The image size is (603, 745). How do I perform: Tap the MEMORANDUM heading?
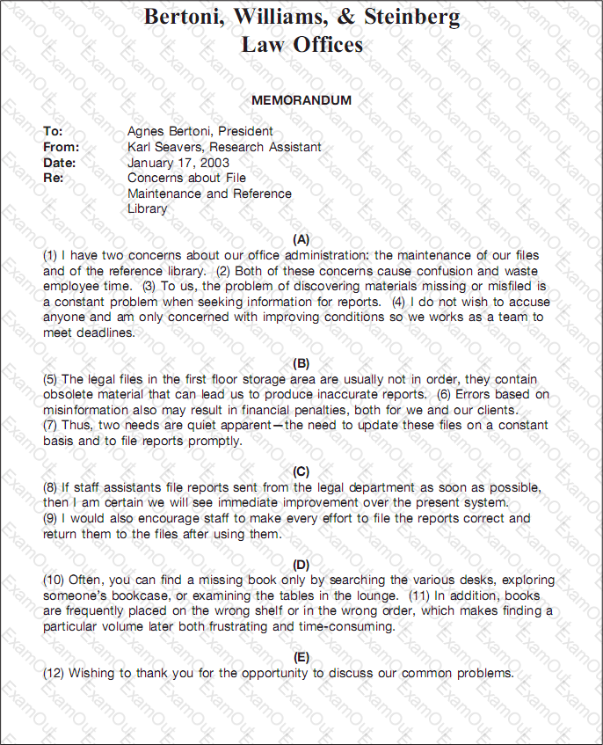[x=301, y=100]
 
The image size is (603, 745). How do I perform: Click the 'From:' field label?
[x=61, y=147]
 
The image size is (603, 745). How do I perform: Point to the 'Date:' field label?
[x=60, y=163]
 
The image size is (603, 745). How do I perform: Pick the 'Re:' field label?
[x=53, y=178]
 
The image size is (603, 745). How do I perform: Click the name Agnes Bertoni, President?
[x=200, y=131]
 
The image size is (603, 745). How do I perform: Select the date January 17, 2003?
[x=178, y=163]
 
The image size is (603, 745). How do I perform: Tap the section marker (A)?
[x=301, y=239]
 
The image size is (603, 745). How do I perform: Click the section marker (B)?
[x=301, y=362]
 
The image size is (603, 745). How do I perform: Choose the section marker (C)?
[x=301, y=471]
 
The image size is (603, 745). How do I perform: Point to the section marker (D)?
[x=301, y=565]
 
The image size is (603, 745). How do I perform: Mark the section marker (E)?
[x=301, y=657]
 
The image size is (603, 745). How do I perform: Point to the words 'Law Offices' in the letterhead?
[x=301, y=44]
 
